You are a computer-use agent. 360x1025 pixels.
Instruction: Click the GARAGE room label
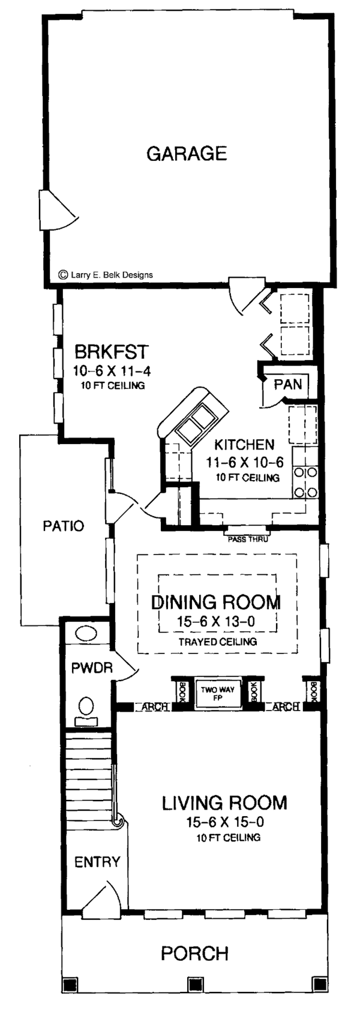187,153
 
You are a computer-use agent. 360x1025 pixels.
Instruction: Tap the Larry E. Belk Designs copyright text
106,275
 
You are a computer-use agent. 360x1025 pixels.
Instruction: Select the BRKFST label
112,352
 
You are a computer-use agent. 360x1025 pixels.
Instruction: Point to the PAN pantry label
288,383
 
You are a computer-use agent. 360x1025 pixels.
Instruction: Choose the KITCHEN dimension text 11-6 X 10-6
245,462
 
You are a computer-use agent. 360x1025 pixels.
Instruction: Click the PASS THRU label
247,540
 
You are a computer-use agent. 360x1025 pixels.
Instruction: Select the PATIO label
63,526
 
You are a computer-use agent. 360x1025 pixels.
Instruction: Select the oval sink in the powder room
86,634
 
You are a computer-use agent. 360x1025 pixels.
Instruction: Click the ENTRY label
97,862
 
